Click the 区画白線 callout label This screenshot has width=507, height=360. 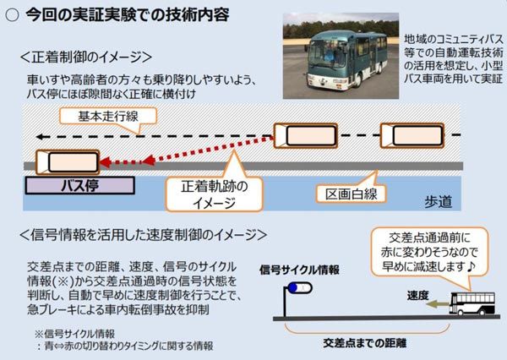pos(350,194)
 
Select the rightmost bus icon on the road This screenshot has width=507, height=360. pos(410,135)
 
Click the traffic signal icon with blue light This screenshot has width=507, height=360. pos(294,292)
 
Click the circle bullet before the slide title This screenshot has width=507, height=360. pos(14,15)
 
